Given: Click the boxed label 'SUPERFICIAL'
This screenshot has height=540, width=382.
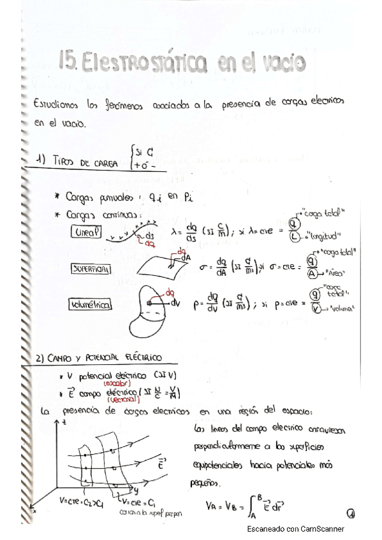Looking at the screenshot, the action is pyautogui.click(x=91, y=269).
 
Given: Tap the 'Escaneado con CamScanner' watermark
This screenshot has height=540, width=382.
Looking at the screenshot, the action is pyautogui.click(x=296, y=529).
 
